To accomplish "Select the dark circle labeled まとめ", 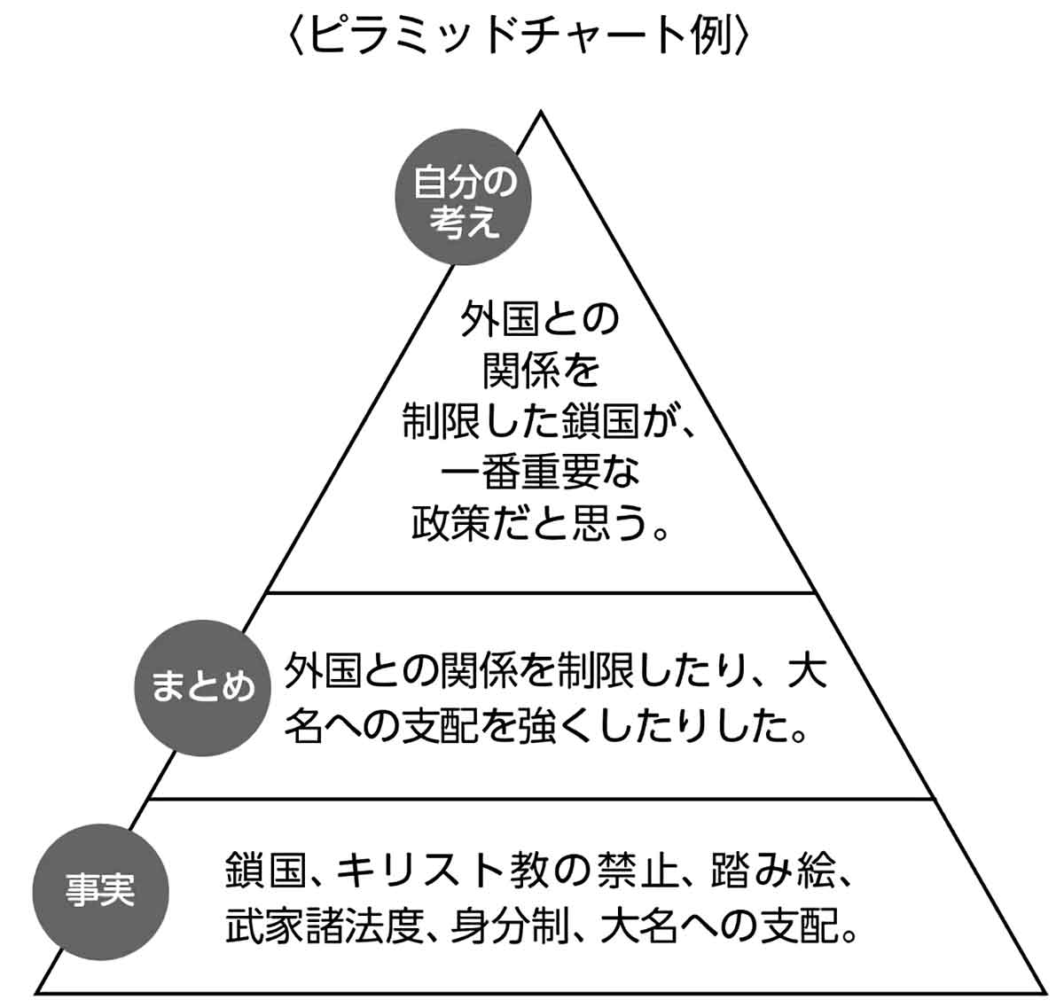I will (201, 688).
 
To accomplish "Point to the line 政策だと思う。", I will (540, 525).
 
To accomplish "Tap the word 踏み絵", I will (772, 871).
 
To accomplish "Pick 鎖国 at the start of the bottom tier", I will (259, 871).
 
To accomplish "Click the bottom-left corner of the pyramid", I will (37, 991).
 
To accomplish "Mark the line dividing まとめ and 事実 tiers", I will (540, 798).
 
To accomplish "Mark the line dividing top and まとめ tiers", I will (540, 591).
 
